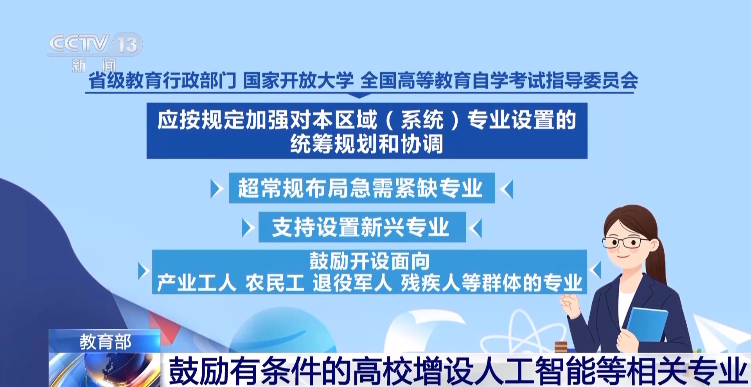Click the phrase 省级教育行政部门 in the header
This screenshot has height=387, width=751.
[162, 81]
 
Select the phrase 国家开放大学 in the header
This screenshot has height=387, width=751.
[298, 81]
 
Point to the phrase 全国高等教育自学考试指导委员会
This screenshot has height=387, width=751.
[499, 81]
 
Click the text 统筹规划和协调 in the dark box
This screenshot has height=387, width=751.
[367, 144]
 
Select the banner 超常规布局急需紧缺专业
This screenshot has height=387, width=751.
[362, 188]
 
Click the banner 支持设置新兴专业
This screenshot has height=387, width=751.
[362, 227]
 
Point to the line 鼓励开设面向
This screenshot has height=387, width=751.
[369, 261]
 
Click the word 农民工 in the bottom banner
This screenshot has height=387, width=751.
[275, 283]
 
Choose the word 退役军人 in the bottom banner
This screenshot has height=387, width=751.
[352, 283]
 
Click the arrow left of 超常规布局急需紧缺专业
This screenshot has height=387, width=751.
[216, 189]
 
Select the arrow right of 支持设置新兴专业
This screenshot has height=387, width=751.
[476, 228]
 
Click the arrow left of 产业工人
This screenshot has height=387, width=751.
[144, 271]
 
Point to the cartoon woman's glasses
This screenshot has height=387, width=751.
[626, 242]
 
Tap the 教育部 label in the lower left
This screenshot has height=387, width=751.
[105, 342]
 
